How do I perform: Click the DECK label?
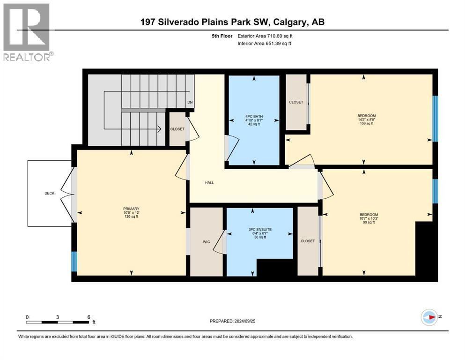point(50,193)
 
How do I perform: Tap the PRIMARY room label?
point(132,209)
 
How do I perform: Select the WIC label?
point(207,242)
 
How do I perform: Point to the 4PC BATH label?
point(254,117)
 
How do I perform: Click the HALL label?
point(209,182)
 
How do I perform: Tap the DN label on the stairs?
point(190,102)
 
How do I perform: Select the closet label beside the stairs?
point(177,129)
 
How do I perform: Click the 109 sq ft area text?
point(367,123)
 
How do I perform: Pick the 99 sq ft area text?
point(369,222)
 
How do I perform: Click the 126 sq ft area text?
point(132,217)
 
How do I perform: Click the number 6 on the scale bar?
point(89,317)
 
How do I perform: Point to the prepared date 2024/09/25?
point(244,321)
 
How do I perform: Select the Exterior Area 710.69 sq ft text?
point(265,36)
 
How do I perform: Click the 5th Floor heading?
point(222,36)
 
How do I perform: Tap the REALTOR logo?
point(28,32)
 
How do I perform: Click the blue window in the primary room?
point(74,262)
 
